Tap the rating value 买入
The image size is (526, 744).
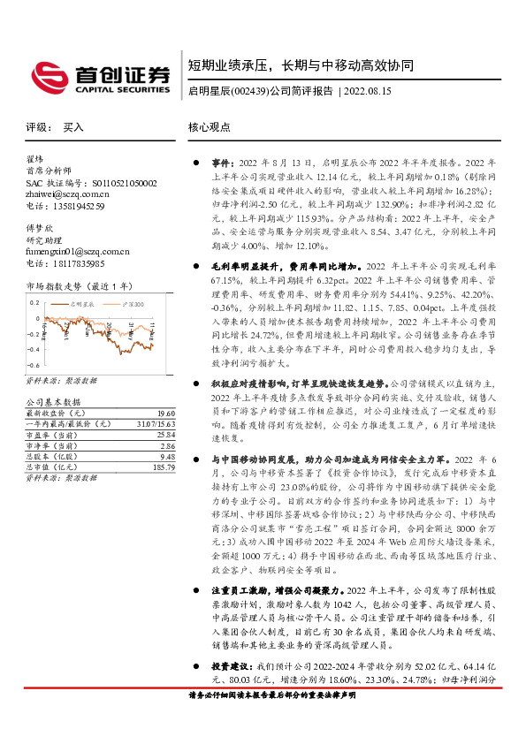point(73,127)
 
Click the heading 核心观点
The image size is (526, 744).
point(210,127)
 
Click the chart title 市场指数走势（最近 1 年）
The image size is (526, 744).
point(79,286)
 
